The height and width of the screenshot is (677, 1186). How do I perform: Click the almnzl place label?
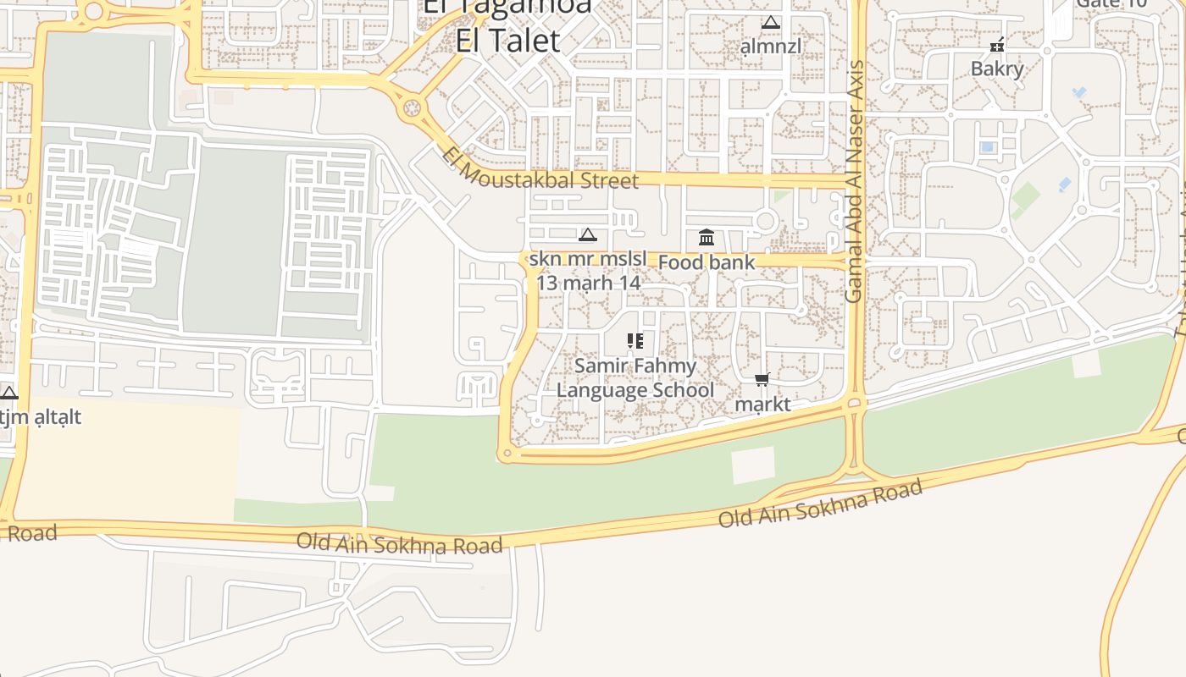(x=770, y=46)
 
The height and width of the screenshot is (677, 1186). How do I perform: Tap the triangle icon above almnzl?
(x=770, y=23)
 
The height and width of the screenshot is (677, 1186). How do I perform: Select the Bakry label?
(x=997, y=69)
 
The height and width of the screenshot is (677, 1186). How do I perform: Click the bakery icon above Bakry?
(x=997, y=45)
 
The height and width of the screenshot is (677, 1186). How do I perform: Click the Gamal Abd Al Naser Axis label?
(x=854, y=181)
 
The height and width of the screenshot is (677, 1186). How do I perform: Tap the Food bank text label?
(x=706, y=262)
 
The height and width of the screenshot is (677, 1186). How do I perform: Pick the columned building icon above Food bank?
(x=706, y=238)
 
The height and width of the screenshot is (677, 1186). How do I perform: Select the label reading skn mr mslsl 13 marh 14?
(x=588, y=271)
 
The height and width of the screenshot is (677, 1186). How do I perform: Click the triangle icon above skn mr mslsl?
(x=587, y=234)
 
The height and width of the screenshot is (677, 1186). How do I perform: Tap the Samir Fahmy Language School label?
(x=635, y=378)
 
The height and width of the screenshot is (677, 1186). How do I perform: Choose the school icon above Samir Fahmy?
(x=635, y=341)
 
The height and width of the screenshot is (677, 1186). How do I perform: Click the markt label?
(x=762, y=405)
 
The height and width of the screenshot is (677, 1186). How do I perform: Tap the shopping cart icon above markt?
(x=762, y=380)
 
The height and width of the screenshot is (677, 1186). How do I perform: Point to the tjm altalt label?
(x=40, y=417)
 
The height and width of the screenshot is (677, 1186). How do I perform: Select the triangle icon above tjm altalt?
(x=9, y=393)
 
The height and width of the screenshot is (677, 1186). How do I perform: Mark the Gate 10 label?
(x=1111, y=3)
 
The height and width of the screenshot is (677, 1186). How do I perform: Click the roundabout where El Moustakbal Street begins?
(x=413, y=108)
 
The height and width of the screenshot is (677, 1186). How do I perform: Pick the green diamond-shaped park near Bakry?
(x=1025, y=200)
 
